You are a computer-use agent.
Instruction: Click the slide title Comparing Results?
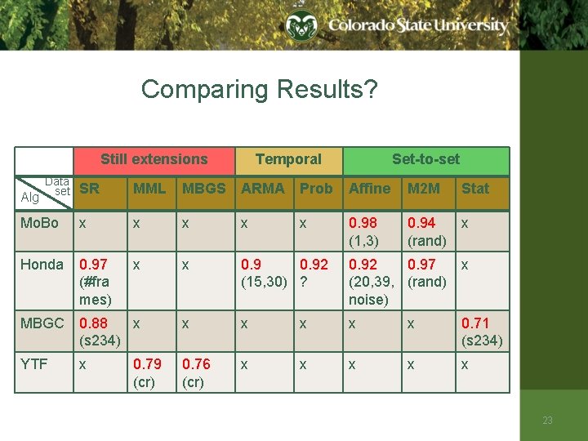tap(259, 89)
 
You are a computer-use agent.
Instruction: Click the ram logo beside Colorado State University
tap(301, 26)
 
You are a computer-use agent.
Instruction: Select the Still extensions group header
tap(154, 160)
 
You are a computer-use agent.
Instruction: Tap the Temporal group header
tap(288, 160)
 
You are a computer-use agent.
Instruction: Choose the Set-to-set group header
tap(425, 160)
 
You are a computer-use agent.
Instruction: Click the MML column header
tap(149, 189)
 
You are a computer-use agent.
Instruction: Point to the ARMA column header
tap(263, 189)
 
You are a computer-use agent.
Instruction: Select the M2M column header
tap(424, 189)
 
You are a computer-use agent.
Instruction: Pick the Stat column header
tap(475, 189)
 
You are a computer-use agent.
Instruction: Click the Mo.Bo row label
tap(39, 223)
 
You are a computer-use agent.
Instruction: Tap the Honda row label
tap(42, 265)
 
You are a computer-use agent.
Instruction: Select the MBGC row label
tap(42, 323)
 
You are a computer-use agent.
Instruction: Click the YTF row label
tap(34, 364)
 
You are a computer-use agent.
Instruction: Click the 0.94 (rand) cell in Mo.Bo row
tap(426, 231)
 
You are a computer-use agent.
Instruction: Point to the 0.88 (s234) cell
tap(100, 332)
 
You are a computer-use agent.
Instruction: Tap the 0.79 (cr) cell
tap(147, 372)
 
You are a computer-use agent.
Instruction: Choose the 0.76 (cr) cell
tap(196, 372)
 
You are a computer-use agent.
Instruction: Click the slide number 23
tap(547, 421)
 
